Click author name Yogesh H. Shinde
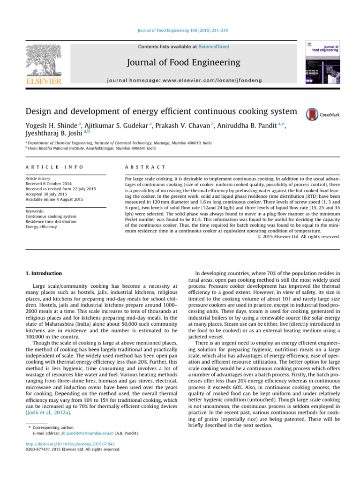[x=51, y=127]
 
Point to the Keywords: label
[x=36, y=204]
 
